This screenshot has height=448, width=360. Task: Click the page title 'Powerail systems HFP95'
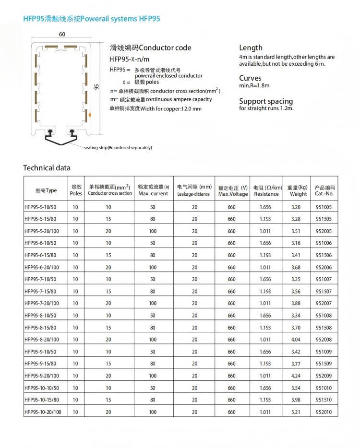point(92,19)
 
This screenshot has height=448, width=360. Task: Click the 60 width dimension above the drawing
point(62,35)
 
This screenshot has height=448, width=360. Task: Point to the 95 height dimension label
point(96,87)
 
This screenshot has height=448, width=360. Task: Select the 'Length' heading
point(251,47)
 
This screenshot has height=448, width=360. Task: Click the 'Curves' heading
point(250,78)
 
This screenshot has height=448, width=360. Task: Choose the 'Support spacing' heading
point(265,101)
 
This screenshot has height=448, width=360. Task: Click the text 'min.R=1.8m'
point(254,85)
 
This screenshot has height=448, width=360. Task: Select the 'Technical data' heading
point(47,168)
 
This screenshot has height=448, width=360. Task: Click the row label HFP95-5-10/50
point(40,207)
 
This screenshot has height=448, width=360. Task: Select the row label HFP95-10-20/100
point(43,412)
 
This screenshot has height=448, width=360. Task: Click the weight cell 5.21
point(296,412)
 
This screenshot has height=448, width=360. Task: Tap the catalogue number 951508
point(324,328)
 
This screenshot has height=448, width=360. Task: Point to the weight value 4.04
point(296,340)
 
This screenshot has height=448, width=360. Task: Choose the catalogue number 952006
point(324,267)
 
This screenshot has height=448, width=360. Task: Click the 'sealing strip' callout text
point(118,147)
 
